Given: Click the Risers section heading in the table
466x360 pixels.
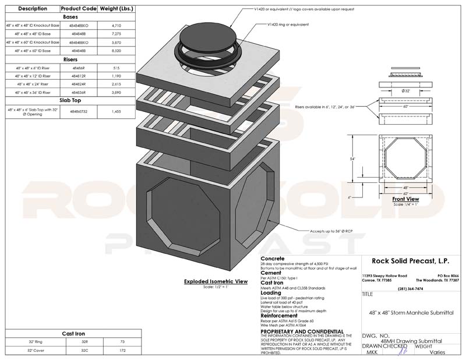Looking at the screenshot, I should click(x=62, y=59).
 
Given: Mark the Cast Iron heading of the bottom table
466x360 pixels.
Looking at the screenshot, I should click(x=62, y=334).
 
